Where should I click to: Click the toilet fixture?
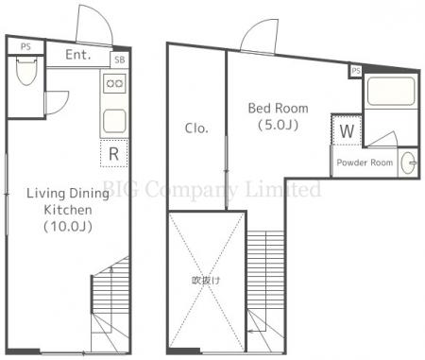click(x=26, y=71)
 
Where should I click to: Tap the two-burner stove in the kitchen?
click(x=114, y=83)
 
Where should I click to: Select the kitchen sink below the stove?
click(x=114, y=121)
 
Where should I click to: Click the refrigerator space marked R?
click(x=114, y=153)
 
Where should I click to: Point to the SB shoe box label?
click(x=120, y=60)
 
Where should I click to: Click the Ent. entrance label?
click(x=78, y=55)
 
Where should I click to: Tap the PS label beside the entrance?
click(x=25, y=47)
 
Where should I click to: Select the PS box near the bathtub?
click(x=356, y=71)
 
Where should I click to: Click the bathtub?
click(x=391, y=92)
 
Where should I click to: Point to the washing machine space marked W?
click(x=347, y=130)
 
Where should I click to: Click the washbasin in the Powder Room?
click(x=409, y=163)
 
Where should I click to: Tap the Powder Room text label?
click(x=365, y=163)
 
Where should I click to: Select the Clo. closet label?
click(x=196, y=129)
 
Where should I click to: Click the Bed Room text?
click(x=278, y=109)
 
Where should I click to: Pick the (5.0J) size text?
click(x=278, y=125)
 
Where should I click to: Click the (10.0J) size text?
click(x=68, y=227)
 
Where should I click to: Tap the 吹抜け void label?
click(x=206, y=281)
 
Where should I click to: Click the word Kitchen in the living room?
click(x=68, y=210)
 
